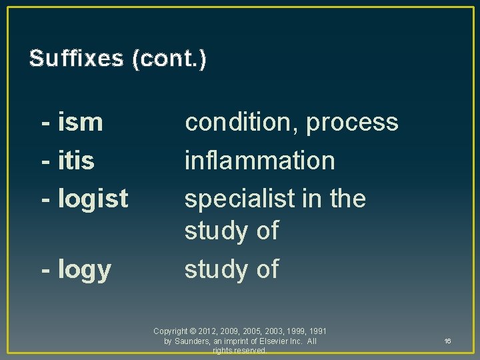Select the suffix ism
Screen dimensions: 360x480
(81, 123)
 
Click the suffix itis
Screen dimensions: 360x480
(76, 161)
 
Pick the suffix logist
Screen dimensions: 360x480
(93, 199)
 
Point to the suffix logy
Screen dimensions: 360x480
(85, 270)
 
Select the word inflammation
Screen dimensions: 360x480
(259, 161)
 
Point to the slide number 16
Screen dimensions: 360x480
(447, 341)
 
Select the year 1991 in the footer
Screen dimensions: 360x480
(317, 331)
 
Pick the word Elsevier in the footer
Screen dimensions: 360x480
(271, 341)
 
